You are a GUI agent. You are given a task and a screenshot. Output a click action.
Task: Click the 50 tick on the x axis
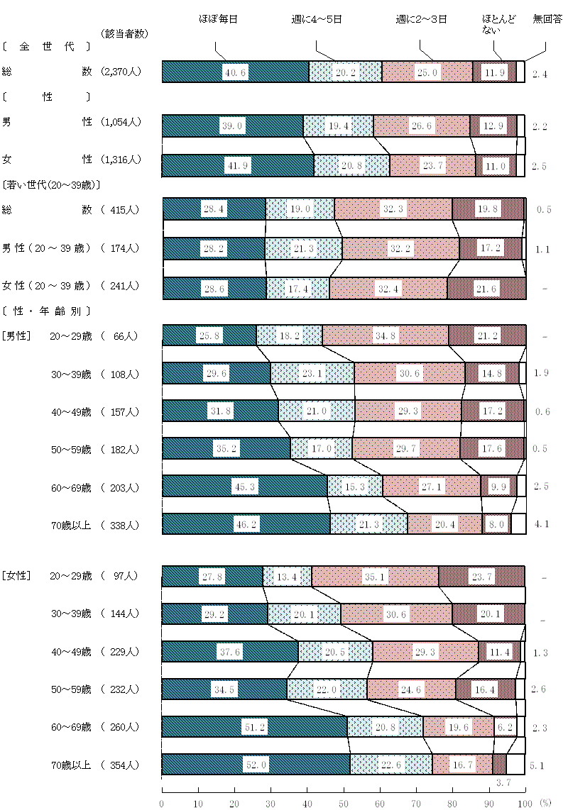click(344, 803)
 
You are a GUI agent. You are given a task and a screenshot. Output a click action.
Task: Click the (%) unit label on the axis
click(545, 803)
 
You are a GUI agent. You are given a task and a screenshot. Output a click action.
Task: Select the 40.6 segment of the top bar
click(236, 72)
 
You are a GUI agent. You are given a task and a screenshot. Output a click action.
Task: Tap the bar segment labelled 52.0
click(256, 765)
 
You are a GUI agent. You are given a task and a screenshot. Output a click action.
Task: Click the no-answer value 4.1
click(541, 526)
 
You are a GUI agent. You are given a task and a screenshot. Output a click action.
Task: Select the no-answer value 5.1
click(537, 765)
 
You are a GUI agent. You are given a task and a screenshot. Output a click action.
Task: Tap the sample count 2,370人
click(122, 72)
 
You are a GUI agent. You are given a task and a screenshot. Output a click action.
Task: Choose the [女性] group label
click(16, 576)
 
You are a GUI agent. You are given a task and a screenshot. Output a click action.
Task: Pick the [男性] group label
click(16, 335)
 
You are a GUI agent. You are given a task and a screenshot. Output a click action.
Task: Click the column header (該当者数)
click(124, 33)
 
